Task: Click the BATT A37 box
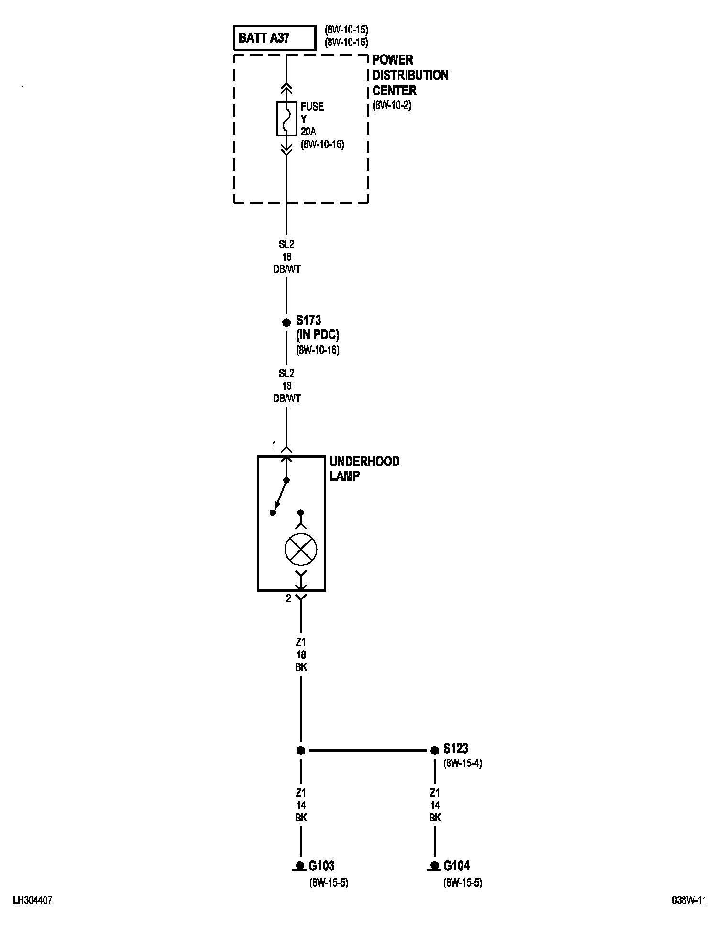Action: pyautogui.click(x=275, y=38)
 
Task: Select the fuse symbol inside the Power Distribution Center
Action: pyautogui.click(x=286, y=119)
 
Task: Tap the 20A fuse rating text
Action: pyautogui.click(x=309, y=132)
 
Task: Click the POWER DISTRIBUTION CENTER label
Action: pyautogui.click(x=410, y=75)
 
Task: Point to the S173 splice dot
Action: pyautogui.click(x=286, y=322)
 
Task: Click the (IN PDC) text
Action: pyautogui.click(x=318, y=335)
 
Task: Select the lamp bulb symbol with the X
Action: pyautogui.click(x=301, y=548)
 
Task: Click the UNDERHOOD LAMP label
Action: pyautogui.click(x=364, y=468)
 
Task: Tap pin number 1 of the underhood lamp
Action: pyautogui.click(x=275, y=446)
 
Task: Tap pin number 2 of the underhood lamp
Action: pyautogui.click(x=288, y=598)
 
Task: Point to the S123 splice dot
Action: pyautogui.click(x=435, y=750)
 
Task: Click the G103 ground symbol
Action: pyautogui.click(x=300, y=865)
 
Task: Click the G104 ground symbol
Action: pyautogui.click(x=434, y=865)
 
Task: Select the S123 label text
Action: pyautogui.click(x=455, y=748)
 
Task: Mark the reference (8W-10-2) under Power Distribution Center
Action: pyautogui.click(x=392, y=106)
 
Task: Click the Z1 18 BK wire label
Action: pyautogui.click(x=301, y=654)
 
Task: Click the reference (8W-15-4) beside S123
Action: pyautogui.click(x=463, y=764)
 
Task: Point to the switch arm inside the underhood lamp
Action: pyautogui.click(x=280, y=496)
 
